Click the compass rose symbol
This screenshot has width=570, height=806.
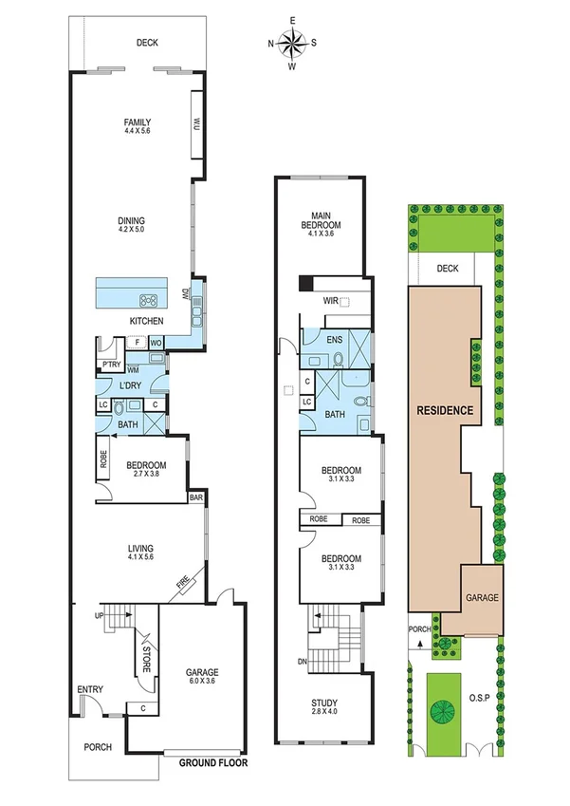click(292, 43)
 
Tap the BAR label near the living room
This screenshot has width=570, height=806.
click(196, 497)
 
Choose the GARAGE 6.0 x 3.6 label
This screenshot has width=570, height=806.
click(200, 675)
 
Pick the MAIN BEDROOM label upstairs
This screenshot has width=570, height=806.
click(320, 221)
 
